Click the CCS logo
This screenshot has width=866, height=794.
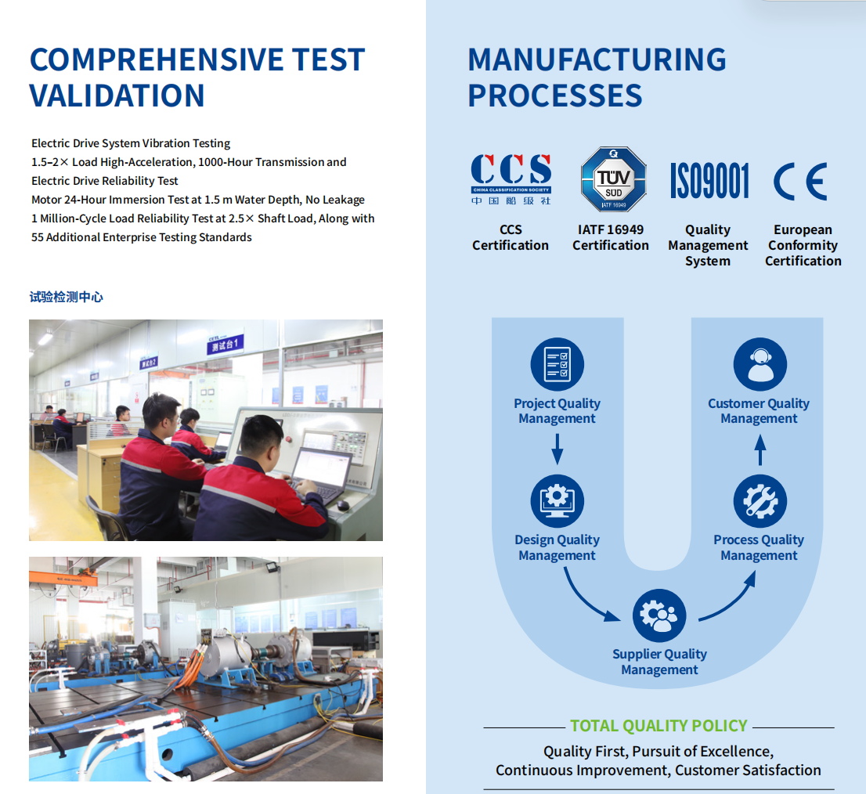pos(511,179)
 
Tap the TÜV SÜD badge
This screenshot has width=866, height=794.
pos(613,179)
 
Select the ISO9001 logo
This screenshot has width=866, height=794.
pos(709,181)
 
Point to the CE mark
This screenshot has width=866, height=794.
pos(800,181)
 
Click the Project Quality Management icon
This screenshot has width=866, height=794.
pos(557,364)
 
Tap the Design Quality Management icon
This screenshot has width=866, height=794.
pos(557,501)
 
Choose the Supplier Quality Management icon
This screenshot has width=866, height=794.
pos(659,615)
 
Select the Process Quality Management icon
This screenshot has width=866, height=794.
pos(760,501)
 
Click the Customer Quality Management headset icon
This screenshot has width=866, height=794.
pos(760,364)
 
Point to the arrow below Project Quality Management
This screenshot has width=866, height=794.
pos(557,449)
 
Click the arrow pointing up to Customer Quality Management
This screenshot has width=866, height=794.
pos(760,449)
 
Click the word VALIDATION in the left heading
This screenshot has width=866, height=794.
pos(117,96)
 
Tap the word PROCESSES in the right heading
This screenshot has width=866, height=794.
pos(555,96)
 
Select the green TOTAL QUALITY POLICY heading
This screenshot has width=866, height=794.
pos(659,726)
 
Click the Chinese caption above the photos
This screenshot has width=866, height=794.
pos(67,297)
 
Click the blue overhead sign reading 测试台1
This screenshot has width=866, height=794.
pos(224,345)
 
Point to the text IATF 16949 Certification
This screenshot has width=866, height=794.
pos(611,237)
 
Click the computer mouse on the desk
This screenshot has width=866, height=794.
pos(343,505)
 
